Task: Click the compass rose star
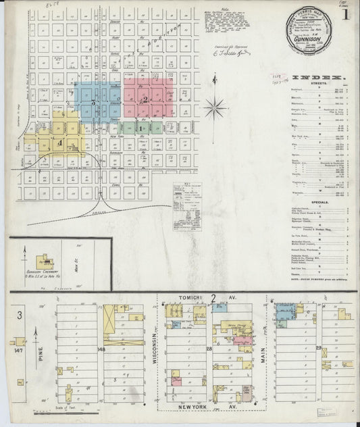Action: coord(217,106)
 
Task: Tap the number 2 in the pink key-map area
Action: coord(144,99)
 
